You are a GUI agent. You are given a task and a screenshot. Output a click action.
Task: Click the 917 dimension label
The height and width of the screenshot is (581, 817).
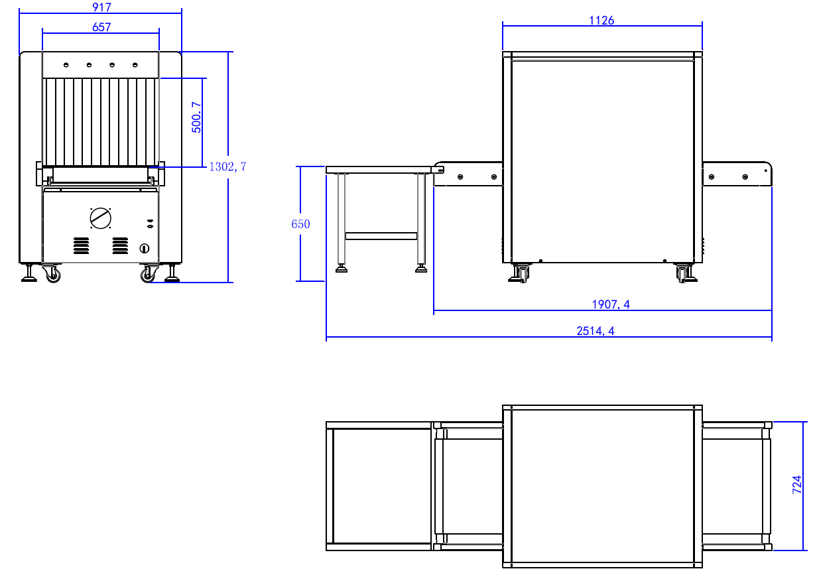coord(101,7)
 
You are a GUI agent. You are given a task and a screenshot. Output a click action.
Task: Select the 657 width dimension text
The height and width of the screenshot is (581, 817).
coord(101,27)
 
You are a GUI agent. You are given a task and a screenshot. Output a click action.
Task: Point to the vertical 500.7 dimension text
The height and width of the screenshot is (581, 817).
coord(196,117)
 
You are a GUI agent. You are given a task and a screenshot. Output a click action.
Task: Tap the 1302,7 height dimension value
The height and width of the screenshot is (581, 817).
coord(227,166)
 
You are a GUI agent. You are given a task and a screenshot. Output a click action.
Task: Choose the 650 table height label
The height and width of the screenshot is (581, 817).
coord(300,224)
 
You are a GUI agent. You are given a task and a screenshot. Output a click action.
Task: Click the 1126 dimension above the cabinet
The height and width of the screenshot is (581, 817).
coord(601,21)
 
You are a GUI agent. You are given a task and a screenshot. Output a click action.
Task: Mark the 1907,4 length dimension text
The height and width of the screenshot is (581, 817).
coord(610,304)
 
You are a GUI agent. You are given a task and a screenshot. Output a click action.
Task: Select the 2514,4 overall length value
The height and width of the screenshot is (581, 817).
coord(595,331)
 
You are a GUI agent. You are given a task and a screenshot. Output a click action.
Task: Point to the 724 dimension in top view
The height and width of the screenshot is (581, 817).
coord(798,485)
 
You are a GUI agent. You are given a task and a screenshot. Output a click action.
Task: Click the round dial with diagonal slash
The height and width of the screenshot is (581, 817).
coord(101,218)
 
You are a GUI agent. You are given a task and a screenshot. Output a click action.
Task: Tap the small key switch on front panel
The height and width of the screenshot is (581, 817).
coord(145,249)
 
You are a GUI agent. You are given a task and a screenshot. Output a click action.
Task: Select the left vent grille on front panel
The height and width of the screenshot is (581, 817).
coord(81,246)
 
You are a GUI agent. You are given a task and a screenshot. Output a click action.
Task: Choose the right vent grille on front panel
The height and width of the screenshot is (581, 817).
coord(120,246)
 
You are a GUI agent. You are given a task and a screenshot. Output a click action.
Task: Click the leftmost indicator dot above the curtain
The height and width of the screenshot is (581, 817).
coord(66,64)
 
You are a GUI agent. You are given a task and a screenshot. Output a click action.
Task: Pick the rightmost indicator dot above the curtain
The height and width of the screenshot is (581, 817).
coord(135,64)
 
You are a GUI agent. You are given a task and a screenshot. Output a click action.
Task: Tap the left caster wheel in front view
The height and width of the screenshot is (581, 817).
coord(52,274)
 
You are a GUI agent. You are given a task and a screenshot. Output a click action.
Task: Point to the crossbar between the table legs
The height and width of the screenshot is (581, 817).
coord(381,235)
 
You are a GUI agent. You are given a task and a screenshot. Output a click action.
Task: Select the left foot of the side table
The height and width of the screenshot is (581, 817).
coord(342,269)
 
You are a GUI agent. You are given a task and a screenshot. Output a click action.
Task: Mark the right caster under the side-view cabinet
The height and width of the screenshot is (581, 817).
coord(683,273)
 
